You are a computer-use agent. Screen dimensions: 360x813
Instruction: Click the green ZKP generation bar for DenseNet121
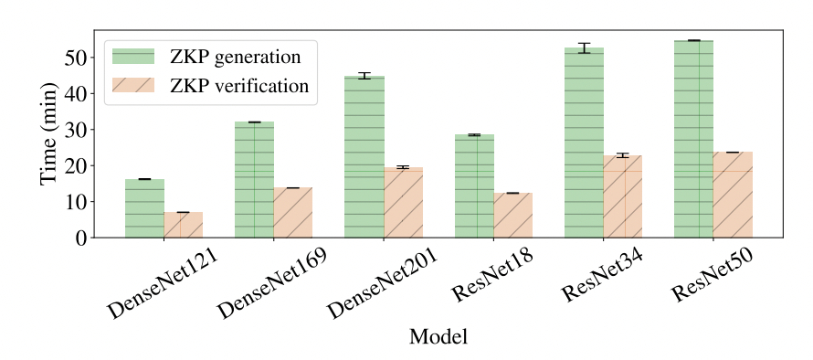(x=144, y=208)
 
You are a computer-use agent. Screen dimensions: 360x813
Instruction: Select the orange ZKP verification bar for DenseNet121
(x=184, y=225)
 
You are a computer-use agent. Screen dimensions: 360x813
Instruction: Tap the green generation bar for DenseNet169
(x=254, y=180)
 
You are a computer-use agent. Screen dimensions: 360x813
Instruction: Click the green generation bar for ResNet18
(x=474, y=186)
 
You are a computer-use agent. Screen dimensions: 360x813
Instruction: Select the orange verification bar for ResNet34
(x=623, y=196)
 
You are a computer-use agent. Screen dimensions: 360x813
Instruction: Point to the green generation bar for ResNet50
(x=693, y=139)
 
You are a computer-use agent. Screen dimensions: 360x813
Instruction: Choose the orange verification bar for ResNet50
(x=733, y=195)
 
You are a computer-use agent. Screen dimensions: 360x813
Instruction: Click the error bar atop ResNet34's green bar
(x=584, y=48)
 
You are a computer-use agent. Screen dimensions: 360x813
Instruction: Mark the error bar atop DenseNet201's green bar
(x=364, y=76)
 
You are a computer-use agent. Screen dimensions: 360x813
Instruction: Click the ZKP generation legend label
(x=235, y=57)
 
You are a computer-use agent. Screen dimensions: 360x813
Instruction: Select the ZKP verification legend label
(x=239, y=86)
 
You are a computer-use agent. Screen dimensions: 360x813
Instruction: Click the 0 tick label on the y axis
(x=80, y=238)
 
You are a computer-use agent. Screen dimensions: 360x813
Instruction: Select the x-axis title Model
(x=438, y=336)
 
